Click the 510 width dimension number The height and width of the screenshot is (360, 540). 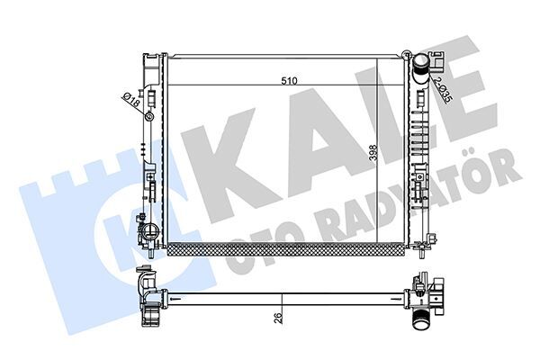pos(288,81)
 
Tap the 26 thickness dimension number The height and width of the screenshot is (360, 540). pos(279,316)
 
